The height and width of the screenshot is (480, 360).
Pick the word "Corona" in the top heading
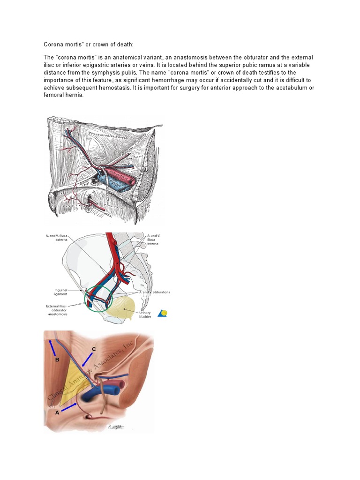coord(53,44)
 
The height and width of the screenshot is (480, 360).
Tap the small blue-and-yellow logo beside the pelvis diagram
coord(162,313)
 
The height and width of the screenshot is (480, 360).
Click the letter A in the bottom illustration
coord(57,413)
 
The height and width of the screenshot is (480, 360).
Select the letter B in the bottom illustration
coord(57,360)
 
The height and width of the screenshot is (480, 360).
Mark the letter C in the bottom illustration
coord(94,349)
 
